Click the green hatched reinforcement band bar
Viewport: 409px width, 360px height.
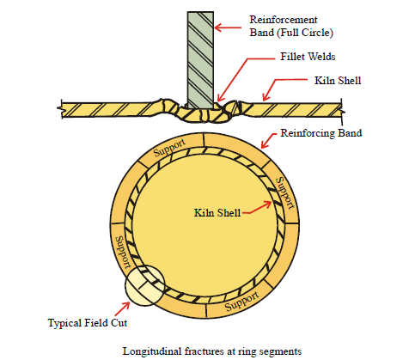coord(200,60)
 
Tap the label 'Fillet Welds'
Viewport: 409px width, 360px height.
coord(308,57)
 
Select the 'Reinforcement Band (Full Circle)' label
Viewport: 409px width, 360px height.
coord(291,26)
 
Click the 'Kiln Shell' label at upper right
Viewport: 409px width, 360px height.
coord(338,81)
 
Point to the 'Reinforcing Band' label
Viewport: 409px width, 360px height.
coord(321,133)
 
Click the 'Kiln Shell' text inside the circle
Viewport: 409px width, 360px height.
coord(217,213)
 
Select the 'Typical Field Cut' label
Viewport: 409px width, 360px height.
coord(88,323)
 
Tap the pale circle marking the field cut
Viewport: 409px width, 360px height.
coord(144,286)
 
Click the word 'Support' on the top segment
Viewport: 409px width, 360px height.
coord(169,148)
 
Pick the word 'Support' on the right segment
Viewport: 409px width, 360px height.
coord(284,192)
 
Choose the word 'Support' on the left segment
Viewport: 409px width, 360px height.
coord(123,252)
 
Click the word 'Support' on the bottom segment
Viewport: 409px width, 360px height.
coord(242,301)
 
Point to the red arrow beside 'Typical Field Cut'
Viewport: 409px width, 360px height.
coord(122,308)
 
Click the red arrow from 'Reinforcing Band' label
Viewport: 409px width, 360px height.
coord(269,141)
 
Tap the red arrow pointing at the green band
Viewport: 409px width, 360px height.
coord(228,27)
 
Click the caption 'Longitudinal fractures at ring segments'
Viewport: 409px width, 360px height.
coord(212,351)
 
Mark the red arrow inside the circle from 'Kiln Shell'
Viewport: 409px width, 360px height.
coord(257,208)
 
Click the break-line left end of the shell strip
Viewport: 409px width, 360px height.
coord(61,108)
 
